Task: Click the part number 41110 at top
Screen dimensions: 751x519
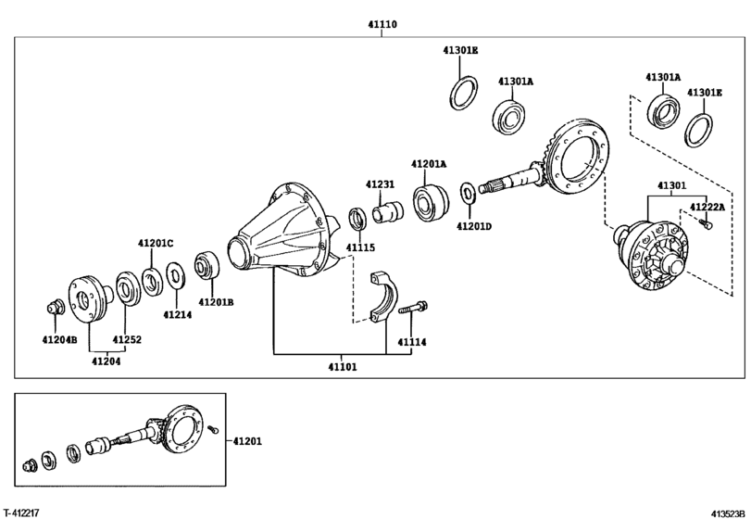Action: pos(382,24)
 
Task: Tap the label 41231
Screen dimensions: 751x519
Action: pos(381,184)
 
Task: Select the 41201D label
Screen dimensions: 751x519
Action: pos(474,226)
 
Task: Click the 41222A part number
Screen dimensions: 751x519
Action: pos(707,207)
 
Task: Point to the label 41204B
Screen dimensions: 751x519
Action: pos(59,339)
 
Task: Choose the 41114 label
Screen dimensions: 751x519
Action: pos(412,342)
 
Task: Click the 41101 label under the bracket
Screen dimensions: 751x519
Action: pos(343,367)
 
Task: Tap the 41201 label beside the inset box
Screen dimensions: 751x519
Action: pos(247,441)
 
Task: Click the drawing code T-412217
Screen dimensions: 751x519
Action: pos(20,513)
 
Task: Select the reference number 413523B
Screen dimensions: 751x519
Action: pos(728,513)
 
